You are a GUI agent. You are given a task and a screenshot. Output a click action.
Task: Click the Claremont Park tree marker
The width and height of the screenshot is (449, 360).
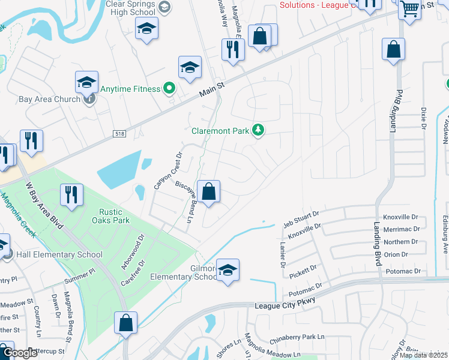[x=258, y=130]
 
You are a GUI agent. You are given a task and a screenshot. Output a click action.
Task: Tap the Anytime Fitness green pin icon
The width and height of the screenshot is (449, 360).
[x=169, y=89]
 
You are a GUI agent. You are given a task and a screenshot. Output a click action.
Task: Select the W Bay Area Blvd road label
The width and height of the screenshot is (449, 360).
[x=43, y=204]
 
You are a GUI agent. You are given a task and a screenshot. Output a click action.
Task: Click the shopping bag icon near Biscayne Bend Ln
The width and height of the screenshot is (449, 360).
[x=209, y=192]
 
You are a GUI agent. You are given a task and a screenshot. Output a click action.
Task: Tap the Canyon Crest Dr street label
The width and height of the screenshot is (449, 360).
[x=167, y=171]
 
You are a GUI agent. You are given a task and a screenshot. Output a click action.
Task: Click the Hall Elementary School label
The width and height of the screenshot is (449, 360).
[x=59, y=254]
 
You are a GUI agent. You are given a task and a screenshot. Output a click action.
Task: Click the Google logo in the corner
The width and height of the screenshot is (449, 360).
[x=20, y=352]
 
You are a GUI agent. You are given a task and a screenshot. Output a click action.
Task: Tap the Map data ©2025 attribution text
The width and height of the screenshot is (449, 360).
[x=423, y=355]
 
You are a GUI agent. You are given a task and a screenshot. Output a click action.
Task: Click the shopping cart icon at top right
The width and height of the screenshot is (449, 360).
[x=409, y=8]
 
